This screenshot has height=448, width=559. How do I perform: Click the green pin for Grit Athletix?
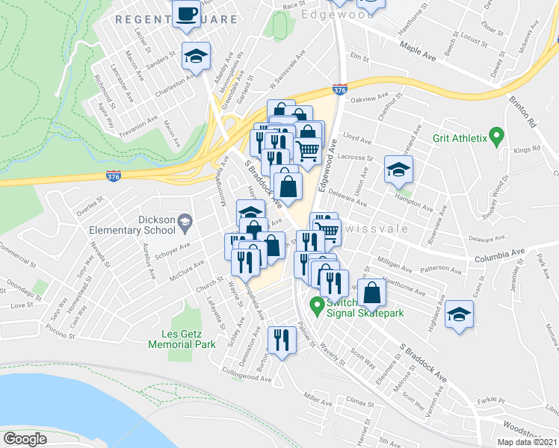pos(501,138)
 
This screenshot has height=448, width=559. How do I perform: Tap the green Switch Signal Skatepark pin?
pos(317,305)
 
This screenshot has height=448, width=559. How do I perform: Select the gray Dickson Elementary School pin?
pos(186,220)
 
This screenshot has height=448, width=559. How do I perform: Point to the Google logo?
pos(25,438)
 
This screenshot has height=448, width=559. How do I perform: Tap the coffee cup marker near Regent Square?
pos(186,13)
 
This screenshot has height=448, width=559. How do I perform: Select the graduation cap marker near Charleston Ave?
pos(197,56)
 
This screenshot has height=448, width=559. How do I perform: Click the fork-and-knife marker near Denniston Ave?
pos(281,340)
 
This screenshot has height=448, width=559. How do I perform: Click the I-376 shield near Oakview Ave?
pos(339,90)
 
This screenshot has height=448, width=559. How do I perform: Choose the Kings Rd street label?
pos(526,150)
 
